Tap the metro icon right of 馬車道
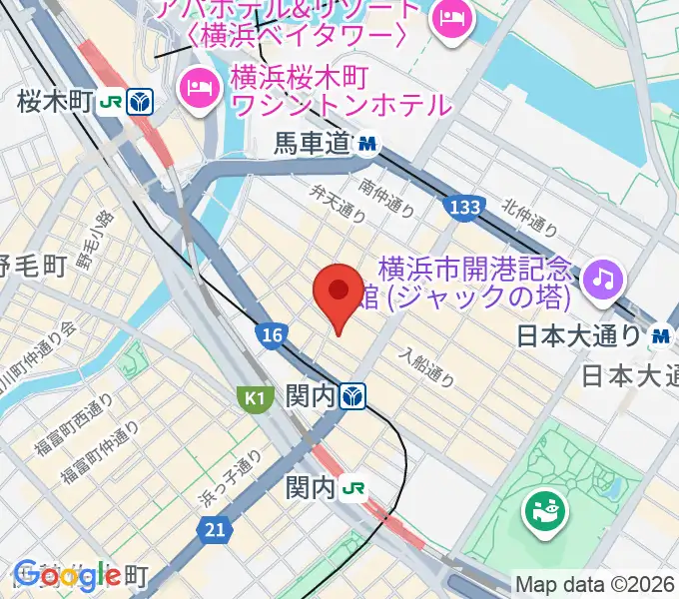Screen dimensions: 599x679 click(x=368, y=146)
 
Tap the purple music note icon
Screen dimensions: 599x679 click(x=602, y=278)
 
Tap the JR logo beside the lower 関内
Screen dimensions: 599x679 click(x=353, y=489)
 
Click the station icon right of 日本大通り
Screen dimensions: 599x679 click(x=659, y=337)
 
